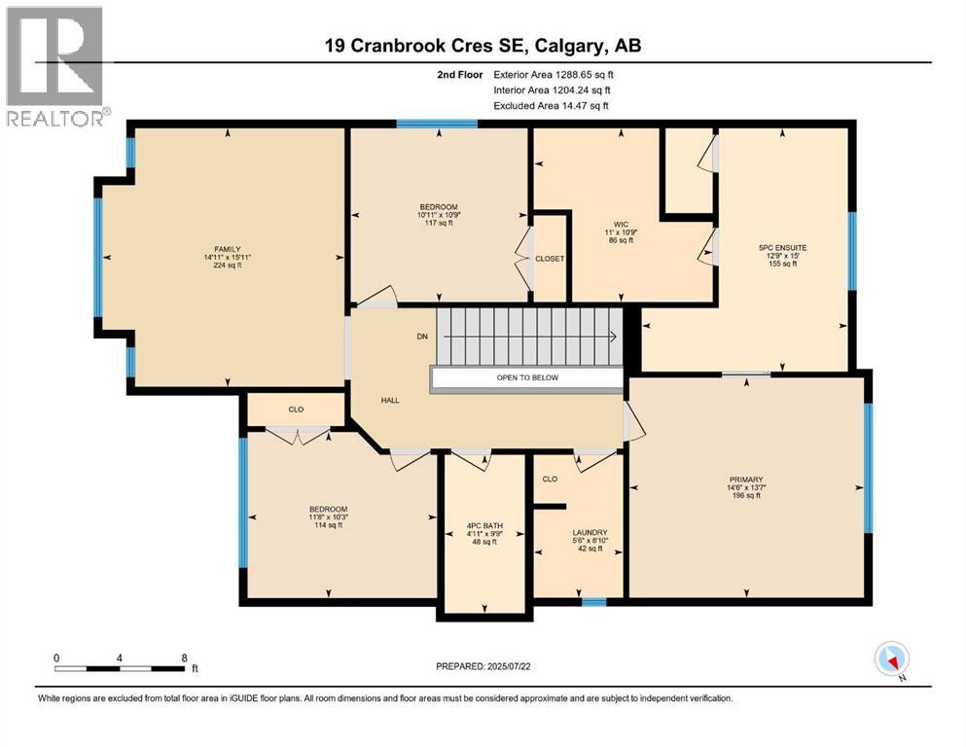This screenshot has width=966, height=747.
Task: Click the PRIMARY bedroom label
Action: click(x=746, y=480)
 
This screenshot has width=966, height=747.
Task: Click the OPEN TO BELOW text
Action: click(x=526, y=378)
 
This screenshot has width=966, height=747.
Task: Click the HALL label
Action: click(x=390, y=400)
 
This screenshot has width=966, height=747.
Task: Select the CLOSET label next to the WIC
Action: click(x=550, y=259)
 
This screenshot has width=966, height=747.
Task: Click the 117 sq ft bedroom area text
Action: click(x=439, y=224)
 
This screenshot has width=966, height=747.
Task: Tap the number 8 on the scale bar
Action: click(x=183, y=658)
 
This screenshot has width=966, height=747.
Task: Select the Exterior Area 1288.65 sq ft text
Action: click(x=554, y=74)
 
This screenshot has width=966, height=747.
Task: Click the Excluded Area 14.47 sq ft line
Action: click(x=554, y=105)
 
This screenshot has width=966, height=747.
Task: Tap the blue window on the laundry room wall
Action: click(x=593, y=602)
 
